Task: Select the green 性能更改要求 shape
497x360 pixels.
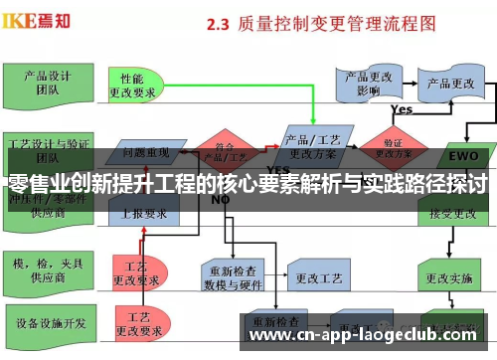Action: coord(139,84)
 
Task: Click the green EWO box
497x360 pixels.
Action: coord(463,156)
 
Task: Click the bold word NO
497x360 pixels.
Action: coord(221,199)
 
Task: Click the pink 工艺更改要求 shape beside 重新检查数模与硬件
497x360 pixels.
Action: coord(136,246)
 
